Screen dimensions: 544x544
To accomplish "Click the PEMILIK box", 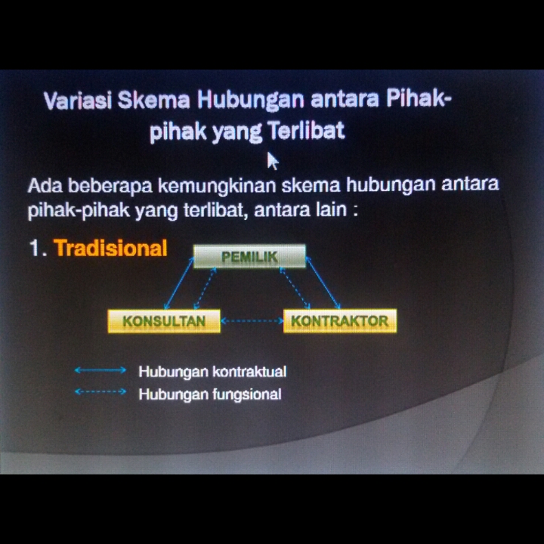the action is [x=249, y=256].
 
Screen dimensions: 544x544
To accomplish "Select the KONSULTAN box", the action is [x=164, y=321].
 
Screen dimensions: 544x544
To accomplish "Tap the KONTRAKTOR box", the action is [x=340, y=321].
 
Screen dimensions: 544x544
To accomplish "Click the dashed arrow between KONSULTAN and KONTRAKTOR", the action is [x=252, y=321].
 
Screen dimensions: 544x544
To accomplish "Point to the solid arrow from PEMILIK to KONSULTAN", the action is [x=178, y=283].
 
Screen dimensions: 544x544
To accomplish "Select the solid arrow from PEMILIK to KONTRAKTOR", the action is [x=323, y=283].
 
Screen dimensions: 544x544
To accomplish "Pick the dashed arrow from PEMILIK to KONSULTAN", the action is [x=205, y=289].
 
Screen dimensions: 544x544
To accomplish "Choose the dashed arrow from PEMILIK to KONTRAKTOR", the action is [x=295, y=288].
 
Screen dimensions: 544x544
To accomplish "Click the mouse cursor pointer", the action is [x=273, y=162].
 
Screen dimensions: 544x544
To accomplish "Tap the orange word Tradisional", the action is [x=110, y=248].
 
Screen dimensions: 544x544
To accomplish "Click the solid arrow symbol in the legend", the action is [x=100, y=370].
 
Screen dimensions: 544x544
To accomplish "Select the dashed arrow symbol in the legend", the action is [x=100, y=391].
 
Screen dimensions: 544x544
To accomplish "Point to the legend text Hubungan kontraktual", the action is [x=212, y=372].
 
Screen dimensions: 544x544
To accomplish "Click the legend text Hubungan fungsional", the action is [x=210, y=394].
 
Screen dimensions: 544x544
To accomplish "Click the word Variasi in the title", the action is [x=78, y=100].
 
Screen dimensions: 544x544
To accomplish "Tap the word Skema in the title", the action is [x=153, y=100].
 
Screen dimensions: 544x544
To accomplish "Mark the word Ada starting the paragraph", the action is [x=45, y=186].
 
